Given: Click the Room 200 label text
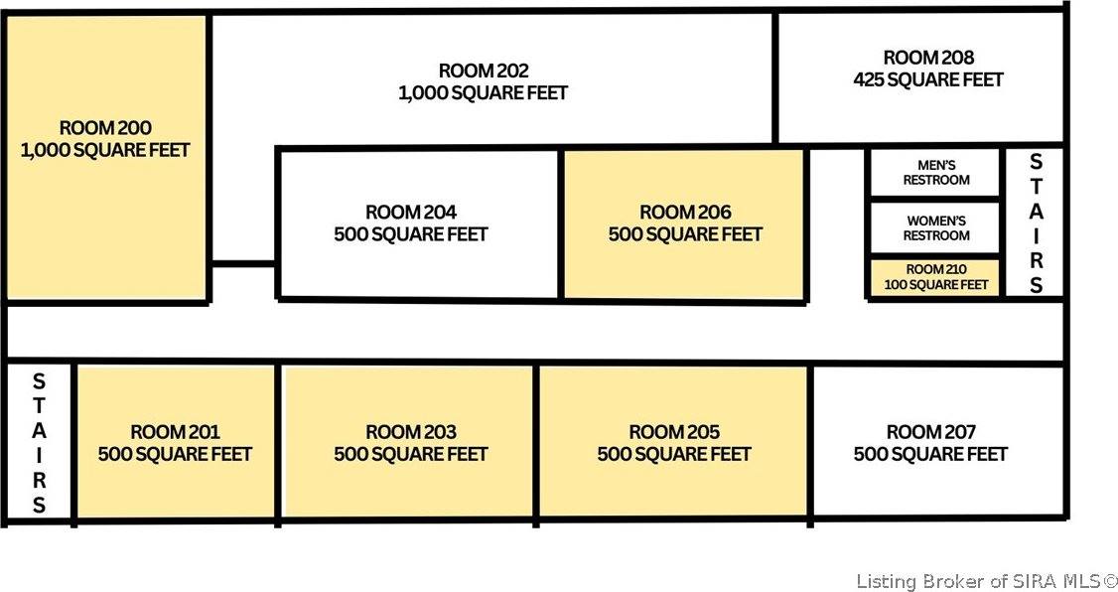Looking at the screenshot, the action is [x=105, y=128].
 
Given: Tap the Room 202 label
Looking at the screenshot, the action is [x=484, y=72].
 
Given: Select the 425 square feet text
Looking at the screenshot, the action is [x=928, y=79].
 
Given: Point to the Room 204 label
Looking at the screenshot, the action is [x=411, y=213].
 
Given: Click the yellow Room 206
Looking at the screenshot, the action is [x=685, y=223].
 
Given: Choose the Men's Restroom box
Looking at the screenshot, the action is [x=935, y=173].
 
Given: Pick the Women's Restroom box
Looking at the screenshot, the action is [x=935, y=228].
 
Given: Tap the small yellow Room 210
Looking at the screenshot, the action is [x=935, y=277].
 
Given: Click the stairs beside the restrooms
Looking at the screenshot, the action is [x=1036, y=223].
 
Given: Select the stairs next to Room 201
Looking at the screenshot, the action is [x=39, y=442].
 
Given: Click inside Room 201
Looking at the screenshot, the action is [x=176, y=442].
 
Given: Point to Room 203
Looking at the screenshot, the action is [x=408, y=442].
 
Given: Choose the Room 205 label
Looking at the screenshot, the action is [x=674, y=432].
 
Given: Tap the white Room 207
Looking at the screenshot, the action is [x=937, y=442].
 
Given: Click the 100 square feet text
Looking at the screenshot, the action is [x=935, y=285].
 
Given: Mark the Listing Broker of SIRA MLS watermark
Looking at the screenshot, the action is [x=987, y=581].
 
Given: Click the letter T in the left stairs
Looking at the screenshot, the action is [x=39, y=405].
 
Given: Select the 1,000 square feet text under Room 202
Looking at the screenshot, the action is [x=484, y=92].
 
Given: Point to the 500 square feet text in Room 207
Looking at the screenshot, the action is [x=930, y=454].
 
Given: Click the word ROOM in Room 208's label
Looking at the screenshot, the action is [x=907, y=58].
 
